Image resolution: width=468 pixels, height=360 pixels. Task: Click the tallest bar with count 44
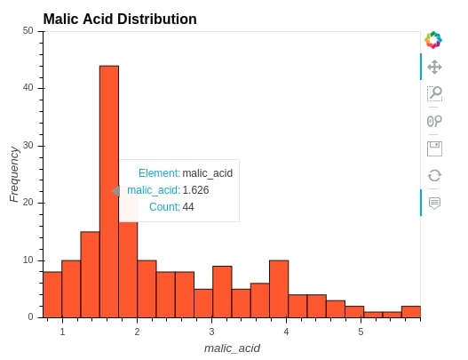(109, 191)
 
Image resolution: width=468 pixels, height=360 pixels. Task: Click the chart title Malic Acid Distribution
(120, 20)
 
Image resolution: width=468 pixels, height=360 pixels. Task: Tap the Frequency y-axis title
(14, 174)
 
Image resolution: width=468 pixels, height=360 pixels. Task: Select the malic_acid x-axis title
(232, 348)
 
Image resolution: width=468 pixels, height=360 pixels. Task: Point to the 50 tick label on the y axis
(28, 31)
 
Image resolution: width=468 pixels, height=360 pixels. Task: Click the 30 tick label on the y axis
(28, 146)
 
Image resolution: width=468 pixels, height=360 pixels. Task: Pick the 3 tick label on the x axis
(211, 332)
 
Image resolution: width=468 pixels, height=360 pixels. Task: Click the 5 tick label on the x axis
(361, 332)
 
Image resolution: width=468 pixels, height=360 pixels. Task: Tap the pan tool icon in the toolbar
(434, 67)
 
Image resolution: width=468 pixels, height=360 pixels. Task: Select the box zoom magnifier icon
(434, 93)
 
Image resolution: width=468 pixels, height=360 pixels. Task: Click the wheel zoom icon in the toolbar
(434, 121)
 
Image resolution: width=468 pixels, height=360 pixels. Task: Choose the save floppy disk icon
(434, 148)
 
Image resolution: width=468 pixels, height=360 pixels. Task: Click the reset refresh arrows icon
(434, 175)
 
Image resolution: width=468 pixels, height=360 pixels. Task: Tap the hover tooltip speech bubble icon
(434, 204)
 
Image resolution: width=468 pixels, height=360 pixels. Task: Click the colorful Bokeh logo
(433, 40)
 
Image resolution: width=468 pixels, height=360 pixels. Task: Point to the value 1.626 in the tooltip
(195, 190)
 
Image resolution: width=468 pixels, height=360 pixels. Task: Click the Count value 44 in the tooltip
(188, 207)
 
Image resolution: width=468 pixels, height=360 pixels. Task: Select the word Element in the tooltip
(158, 173)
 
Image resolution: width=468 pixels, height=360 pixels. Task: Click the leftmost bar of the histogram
(52, 294)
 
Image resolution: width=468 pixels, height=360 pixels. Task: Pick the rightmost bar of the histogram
(411, 312)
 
